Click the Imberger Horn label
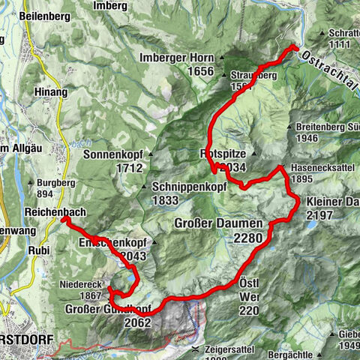point(176,58)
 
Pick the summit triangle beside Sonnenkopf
point(150,155)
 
